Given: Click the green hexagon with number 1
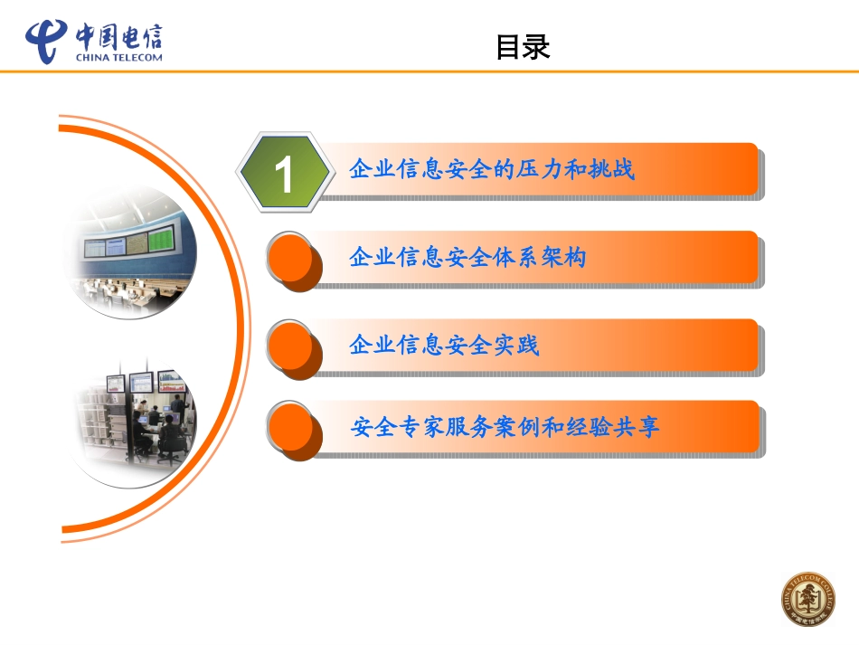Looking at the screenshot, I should (x=284, y=172).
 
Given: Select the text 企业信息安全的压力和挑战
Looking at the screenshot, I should (x=491, y=169).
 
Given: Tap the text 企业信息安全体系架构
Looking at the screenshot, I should (x=467, y=258).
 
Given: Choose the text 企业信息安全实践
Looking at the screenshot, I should (x=443, y=345).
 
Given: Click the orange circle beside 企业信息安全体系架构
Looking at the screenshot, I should (x=293, y=258).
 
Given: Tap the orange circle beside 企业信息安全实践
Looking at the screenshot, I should (x=293, y=346).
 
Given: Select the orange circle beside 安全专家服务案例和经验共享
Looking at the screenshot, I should (x=293, y=427).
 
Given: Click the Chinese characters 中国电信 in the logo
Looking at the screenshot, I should (x=118, y=36).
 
